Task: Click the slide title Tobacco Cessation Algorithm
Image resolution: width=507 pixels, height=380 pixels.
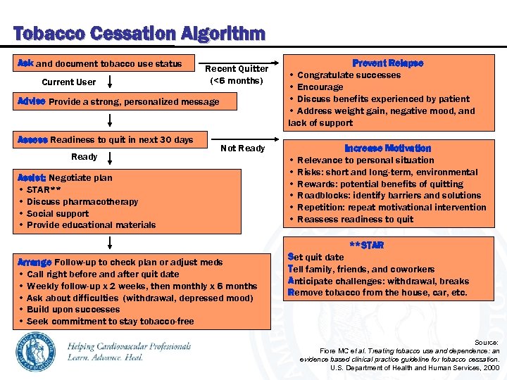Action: point(139,33)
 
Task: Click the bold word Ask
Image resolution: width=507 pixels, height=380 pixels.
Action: point(25,64)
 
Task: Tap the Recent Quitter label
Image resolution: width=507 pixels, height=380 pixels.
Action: point(237,69)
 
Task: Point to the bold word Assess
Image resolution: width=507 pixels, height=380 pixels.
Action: point(32,139)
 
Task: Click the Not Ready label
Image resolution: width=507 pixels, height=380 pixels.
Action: point(242,148)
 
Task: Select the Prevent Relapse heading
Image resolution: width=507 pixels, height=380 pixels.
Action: point(387,63)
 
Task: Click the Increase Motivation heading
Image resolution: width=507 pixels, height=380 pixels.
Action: point(387,148)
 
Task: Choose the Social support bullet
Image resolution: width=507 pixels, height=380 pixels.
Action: point(58,214)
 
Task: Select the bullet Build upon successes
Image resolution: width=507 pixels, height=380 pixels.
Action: point(73,310)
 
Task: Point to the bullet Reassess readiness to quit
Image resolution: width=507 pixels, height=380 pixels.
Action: point(356,220)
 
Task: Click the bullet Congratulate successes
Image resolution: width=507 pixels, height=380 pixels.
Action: point(349,75)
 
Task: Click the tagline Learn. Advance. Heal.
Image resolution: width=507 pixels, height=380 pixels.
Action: point(106,357)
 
